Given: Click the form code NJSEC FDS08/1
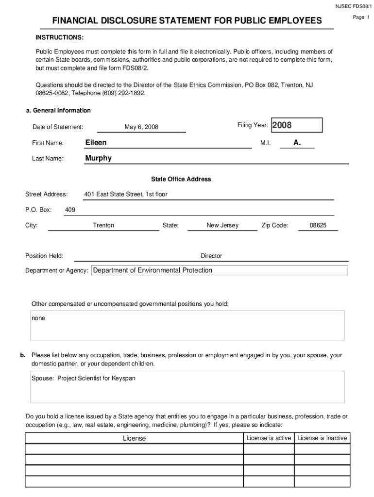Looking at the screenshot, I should click(x=352, y=6).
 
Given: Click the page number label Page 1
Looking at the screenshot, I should click(x=361, y=17).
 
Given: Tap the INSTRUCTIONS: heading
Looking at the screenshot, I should click(x=59, y=37).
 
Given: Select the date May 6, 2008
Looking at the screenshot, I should click(x=141, y=127).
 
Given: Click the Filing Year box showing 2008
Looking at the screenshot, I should click(x=296, y=125).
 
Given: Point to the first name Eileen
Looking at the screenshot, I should click(x=96, y=143).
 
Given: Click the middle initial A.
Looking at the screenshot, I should click(x=297, y=143).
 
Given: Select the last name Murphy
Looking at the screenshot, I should click(x=98, y=158).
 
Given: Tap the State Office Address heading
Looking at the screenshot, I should click(x=181, y=179).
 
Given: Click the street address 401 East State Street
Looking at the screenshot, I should click(x=125, y=195).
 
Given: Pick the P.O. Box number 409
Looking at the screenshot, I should click(x=70, y=210).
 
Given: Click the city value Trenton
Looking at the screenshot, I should click(x=103, y=226).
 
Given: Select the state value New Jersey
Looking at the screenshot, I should click(x=222, y=226).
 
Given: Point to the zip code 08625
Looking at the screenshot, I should click(x=318, y=226).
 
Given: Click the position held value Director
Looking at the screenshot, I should click(x=211, y=256).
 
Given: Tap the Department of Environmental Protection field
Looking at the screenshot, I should click(x=220, y=270).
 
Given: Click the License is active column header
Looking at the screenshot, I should click(x=269, y=438).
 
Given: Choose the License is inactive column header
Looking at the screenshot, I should click(x=322, y=438).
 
